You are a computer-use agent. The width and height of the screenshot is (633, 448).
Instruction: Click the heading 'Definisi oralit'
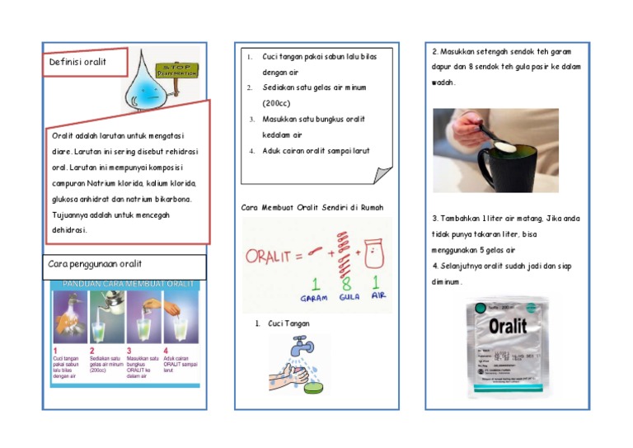click(77, 62)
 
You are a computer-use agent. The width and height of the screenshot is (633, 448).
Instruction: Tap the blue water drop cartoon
click(148, 83)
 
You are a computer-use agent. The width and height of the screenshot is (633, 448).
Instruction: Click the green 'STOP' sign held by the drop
click(180, 69)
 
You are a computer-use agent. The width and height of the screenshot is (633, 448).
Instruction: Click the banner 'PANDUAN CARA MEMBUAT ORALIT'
click(124, 284)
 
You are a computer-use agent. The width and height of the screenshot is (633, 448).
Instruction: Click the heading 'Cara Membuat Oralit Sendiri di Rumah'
click(312, 207)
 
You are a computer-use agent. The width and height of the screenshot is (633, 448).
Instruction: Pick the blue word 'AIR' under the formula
click(378, 295)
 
